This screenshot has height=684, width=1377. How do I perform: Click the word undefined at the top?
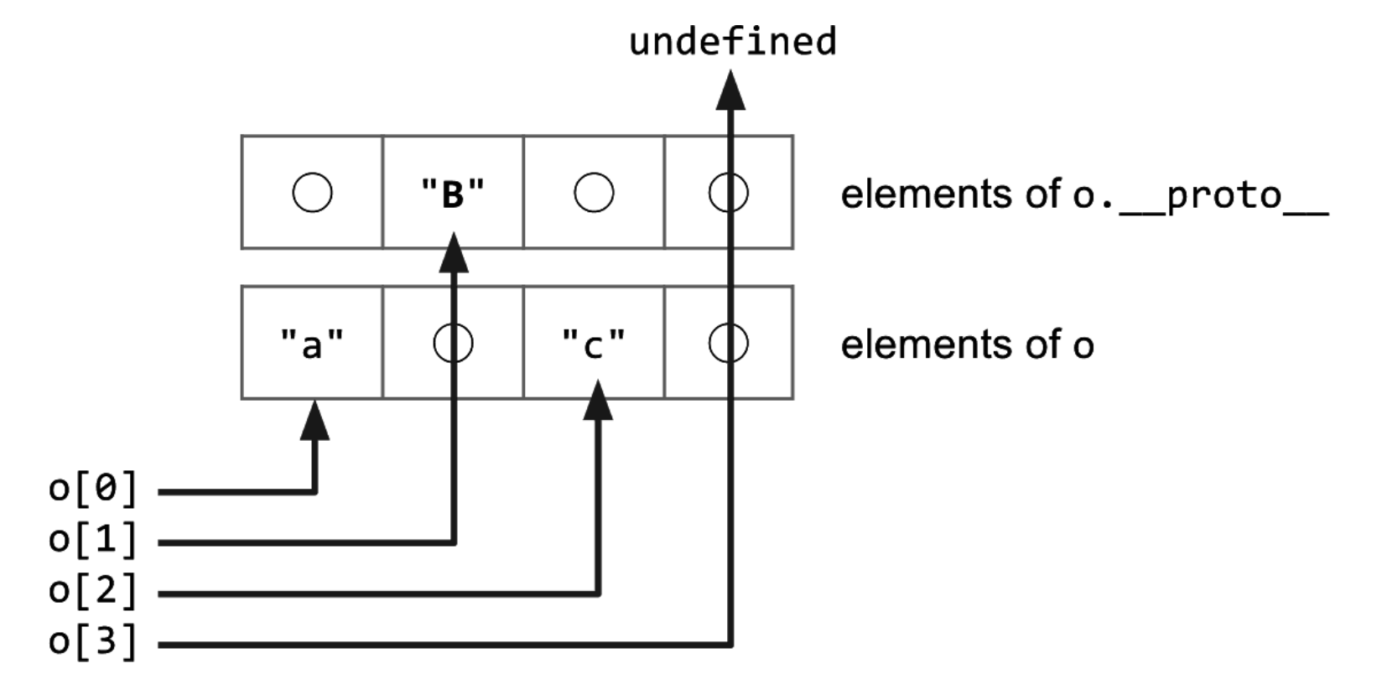point(732,41)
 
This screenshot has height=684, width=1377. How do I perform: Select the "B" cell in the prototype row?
point(453,193)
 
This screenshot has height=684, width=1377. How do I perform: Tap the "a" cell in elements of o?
point(312,343)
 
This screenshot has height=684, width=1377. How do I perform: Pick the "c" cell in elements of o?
point(594,343)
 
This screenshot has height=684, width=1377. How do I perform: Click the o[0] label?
point(93,489)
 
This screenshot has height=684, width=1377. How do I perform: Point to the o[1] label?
point(93,540)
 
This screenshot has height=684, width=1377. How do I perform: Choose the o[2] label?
point(93,591)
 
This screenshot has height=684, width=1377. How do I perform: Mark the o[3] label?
point(93,642)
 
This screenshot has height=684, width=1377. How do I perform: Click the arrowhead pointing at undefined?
point(730,91)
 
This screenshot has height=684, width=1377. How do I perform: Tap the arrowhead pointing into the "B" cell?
point(454,253)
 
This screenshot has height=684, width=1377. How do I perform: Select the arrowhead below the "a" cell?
point(314,420)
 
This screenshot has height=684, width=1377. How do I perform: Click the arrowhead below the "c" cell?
point(598,401)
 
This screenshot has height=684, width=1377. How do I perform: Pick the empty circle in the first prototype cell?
point(312,193)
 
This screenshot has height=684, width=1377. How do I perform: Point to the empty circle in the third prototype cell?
point(594,193)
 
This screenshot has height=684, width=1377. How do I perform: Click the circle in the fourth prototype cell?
point(728,193)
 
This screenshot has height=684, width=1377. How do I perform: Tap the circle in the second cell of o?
point(453,343)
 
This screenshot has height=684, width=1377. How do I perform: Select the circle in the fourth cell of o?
point(728,343)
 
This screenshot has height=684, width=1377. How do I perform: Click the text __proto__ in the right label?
point(1224,196)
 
